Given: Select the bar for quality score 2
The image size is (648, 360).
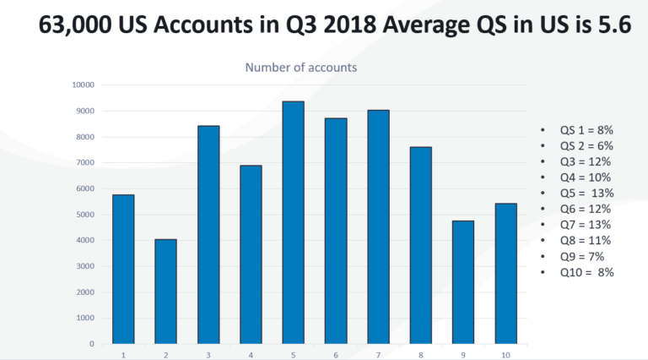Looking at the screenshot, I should (165, 292).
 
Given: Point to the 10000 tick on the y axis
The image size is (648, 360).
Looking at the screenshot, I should (84, 85).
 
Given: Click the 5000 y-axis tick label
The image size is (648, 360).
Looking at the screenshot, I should (85, 215).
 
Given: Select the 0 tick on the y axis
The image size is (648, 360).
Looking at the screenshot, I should (91, 344).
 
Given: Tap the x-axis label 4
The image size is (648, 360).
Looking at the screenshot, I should (251, 354).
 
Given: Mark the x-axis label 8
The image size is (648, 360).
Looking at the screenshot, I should (421, 354).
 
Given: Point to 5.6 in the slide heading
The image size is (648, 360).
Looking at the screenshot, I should (611, 25).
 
